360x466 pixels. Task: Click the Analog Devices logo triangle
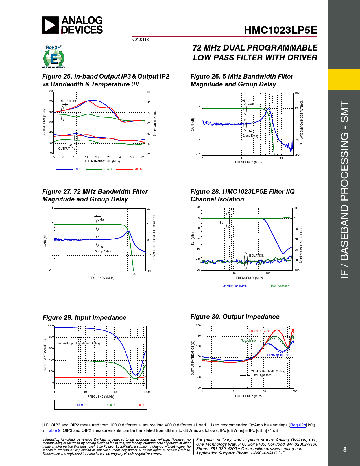tap(50, 25)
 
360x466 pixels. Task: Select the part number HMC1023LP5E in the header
tap(280, 30)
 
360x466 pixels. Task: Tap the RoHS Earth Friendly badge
tap(54, 57)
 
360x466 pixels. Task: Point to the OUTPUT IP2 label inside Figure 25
tap(68, 101)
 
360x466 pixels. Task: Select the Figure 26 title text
tap(242, 80)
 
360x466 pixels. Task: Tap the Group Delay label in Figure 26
tap(250, 136)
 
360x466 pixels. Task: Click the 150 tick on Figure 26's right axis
tap(297, 93)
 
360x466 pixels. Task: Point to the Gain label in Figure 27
tap(103, 219)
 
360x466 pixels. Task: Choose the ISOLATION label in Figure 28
tap(256, 256)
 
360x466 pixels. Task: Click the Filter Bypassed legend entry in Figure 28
tap(279, 286)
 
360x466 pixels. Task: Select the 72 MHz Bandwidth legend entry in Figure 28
tap(234, 286)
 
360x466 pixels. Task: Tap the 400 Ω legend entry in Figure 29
tap(111, 405)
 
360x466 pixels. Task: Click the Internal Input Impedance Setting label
tap(79, 343)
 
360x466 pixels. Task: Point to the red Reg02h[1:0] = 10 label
tap(258, 331)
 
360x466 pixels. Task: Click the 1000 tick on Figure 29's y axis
tap(51, 326)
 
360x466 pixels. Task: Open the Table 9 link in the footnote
tap(54, 430)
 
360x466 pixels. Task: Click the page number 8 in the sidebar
tap(345, 449)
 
